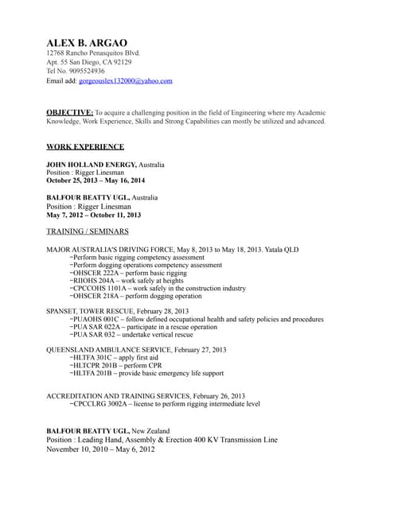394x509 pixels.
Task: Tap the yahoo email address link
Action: tap(126, 81)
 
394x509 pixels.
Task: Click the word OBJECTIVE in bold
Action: tap(69, 112)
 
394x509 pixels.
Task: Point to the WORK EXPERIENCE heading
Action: tap(85, 146)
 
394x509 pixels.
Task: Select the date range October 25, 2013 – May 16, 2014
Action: tap(96, 181)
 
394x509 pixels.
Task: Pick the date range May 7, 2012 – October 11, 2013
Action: tap(93, 215)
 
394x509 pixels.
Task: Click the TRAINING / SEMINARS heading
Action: tap(88, 231)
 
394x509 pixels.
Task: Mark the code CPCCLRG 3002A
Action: tap(99, 404)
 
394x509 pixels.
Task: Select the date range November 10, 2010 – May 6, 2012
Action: tap(100, 449)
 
